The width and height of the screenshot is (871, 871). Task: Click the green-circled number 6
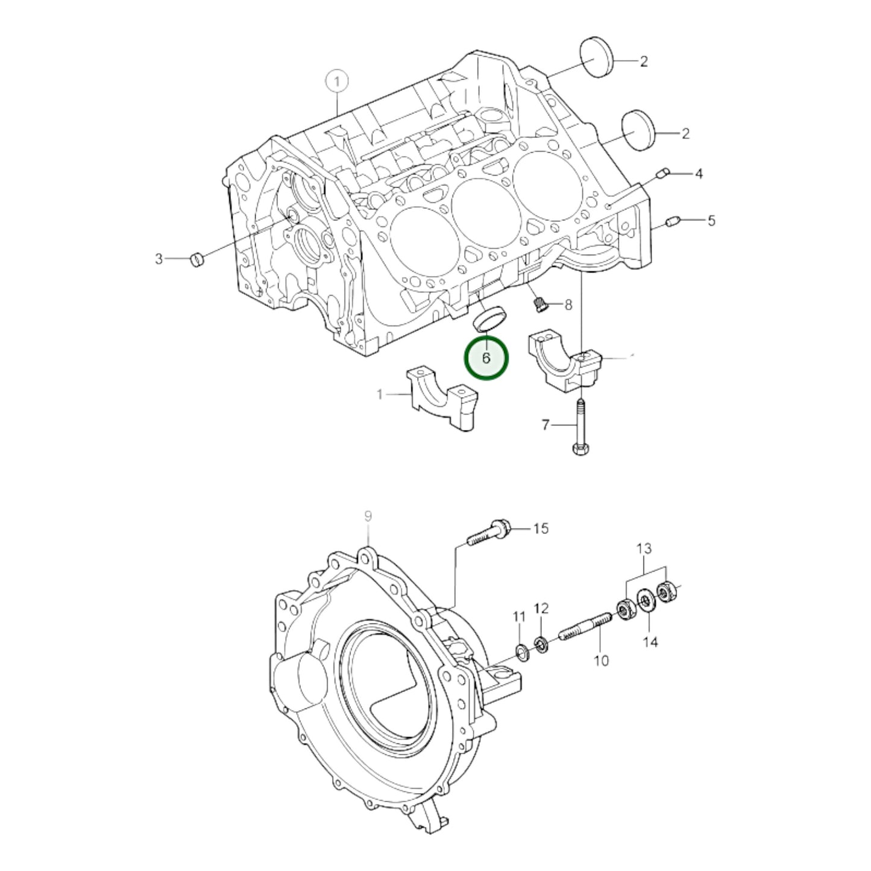(486, 358)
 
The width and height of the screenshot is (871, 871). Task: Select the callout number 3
(159, 259)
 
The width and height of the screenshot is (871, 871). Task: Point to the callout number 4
(699, 174)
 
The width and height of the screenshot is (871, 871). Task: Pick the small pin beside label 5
(673, 222)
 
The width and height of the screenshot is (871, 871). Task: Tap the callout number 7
(546, 426)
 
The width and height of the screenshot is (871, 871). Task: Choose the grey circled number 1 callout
(338, 81)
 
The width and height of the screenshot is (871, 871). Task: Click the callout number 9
(368, 517)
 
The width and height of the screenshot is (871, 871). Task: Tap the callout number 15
(541, 529)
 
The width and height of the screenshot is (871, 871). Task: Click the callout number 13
(644, 549)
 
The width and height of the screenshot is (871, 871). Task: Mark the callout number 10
(602, 661)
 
